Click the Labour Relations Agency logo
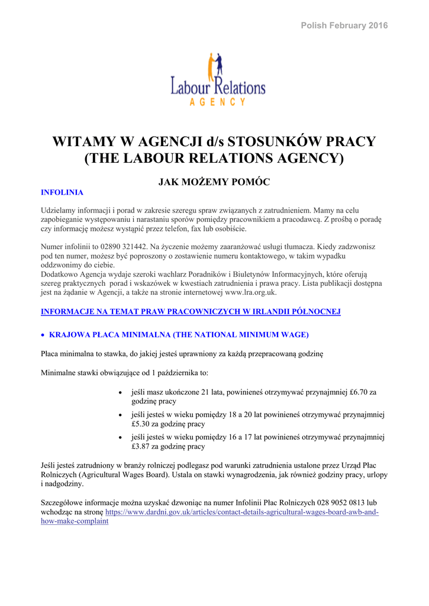point(217,80)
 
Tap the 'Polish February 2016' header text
point(344,25)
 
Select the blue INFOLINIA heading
point(62,192)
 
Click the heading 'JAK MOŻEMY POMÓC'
point(214,182)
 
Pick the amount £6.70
point(357,392)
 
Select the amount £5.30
point(143,424)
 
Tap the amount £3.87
point(143,446)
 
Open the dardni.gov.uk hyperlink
point(241,512)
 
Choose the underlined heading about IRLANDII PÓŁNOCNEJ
point(191,311)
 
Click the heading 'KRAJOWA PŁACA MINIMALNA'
point(109,335)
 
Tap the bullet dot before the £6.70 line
point(121,392)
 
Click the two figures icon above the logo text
point(216,64)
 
